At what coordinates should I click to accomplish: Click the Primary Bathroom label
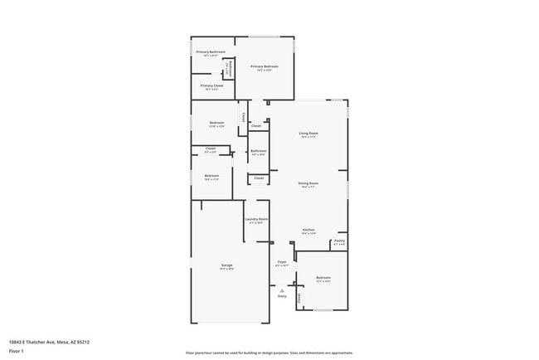coord(211,52)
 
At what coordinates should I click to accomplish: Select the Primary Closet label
coord(211,85)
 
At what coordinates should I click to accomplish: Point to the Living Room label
coord(308,134)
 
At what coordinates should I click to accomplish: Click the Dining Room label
coord(308,183)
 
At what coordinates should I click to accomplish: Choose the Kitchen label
coord(308,230)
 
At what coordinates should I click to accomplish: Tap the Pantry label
coord(339,241)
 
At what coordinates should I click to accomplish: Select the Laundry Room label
coord(256,220)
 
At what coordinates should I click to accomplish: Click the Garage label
coord(226,265)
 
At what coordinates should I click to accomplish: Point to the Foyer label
coord(281,262)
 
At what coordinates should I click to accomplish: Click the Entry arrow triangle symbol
coord(282,290)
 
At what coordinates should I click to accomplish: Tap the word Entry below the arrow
coord(282,296)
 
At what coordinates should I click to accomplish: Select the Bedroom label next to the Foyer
coord(323,278)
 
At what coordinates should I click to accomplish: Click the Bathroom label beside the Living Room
coord(258,151)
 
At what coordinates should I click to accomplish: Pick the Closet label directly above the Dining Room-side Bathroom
coord(256,126)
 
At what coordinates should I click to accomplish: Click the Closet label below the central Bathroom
coord(259,178)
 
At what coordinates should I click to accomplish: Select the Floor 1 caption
coord(17,352)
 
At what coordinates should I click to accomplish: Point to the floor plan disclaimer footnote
coord(269,353)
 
